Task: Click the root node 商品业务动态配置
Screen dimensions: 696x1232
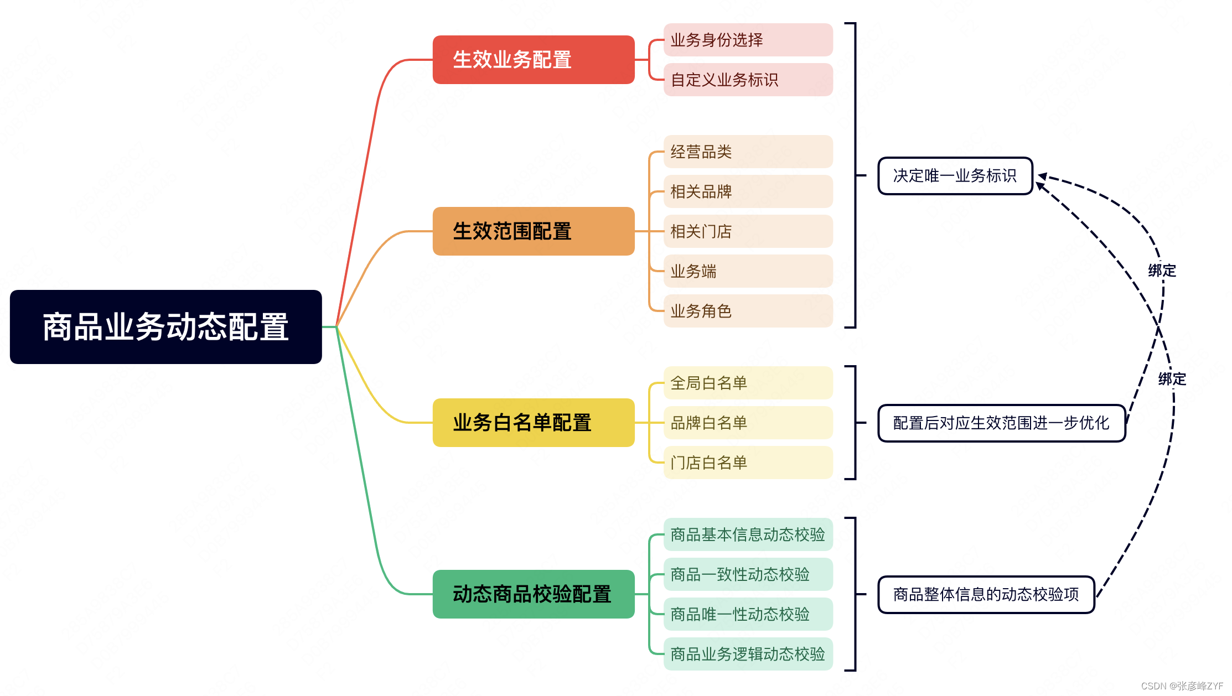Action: tap(165, 326)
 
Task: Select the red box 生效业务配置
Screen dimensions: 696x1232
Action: tap(533, 60)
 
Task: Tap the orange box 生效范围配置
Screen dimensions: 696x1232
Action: tap(533, 231)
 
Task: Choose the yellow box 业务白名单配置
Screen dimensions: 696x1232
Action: tap(533, 423)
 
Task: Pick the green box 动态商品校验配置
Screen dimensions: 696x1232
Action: tap(533, 594)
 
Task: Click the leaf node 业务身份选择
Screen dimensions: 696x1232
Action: tap(748, 40)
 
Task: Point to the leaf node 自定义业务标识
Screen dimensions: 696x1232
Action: tap(748, 80)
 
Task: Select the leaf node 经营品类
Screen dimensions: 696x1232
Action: tap(748, 152)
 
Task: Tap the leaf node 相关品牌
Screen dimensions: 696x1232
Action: tap(748, 191)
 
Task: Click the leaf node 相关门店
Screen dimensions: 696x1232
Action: tap(748, 231)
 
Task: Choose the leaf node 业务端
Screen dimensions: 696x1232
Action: tap(748, 271)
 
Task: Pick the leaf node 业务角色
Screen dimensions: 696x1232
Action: tap(748, 311)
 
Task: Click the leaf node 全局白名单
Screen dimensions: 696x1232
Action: tap(748, 383)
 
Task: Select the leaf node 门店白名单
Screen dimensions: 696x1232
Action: tap(748, 463)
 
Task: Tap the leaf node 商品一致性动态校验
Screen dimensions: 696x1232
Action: tap(748, 574)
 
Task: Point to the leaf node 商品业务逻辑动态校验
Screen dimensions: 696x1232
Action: tap(748, 654)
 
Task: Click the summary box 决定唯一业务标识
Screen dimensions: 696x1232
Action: tap(955, 176)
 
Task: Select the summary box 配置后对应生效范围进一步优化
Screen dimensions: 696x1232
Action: tap(1001, 423)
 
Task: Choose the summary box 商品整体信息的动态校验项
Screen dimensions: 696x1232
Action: tap(986, 595)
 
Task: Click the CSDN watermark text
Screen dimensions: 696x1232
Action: tap(1182, 686)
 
